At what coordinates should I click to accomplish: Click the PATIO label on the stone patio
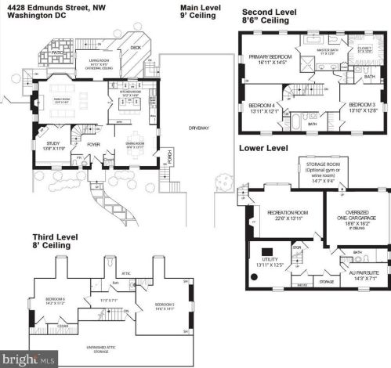click(x=56, y=52)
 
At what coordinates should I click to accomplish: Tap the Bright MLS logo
click(x=24, y=361)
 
